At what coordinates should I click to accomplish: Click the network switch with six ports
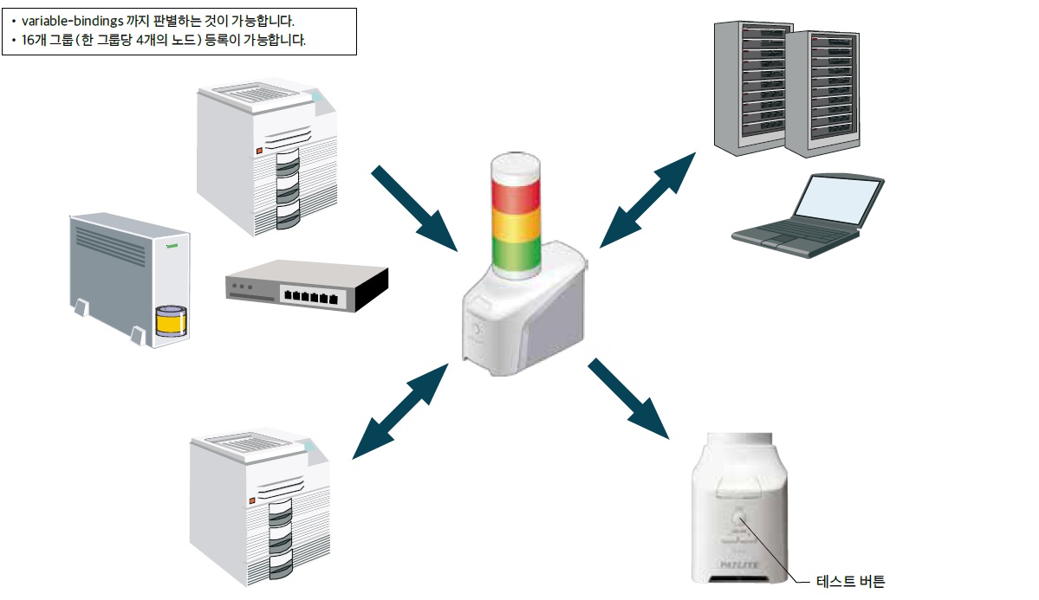point(308,287)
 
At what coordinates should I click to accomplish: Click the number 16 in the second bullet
point(28,40)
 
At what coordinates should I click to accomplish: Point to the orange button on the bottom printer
point(252,500)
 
